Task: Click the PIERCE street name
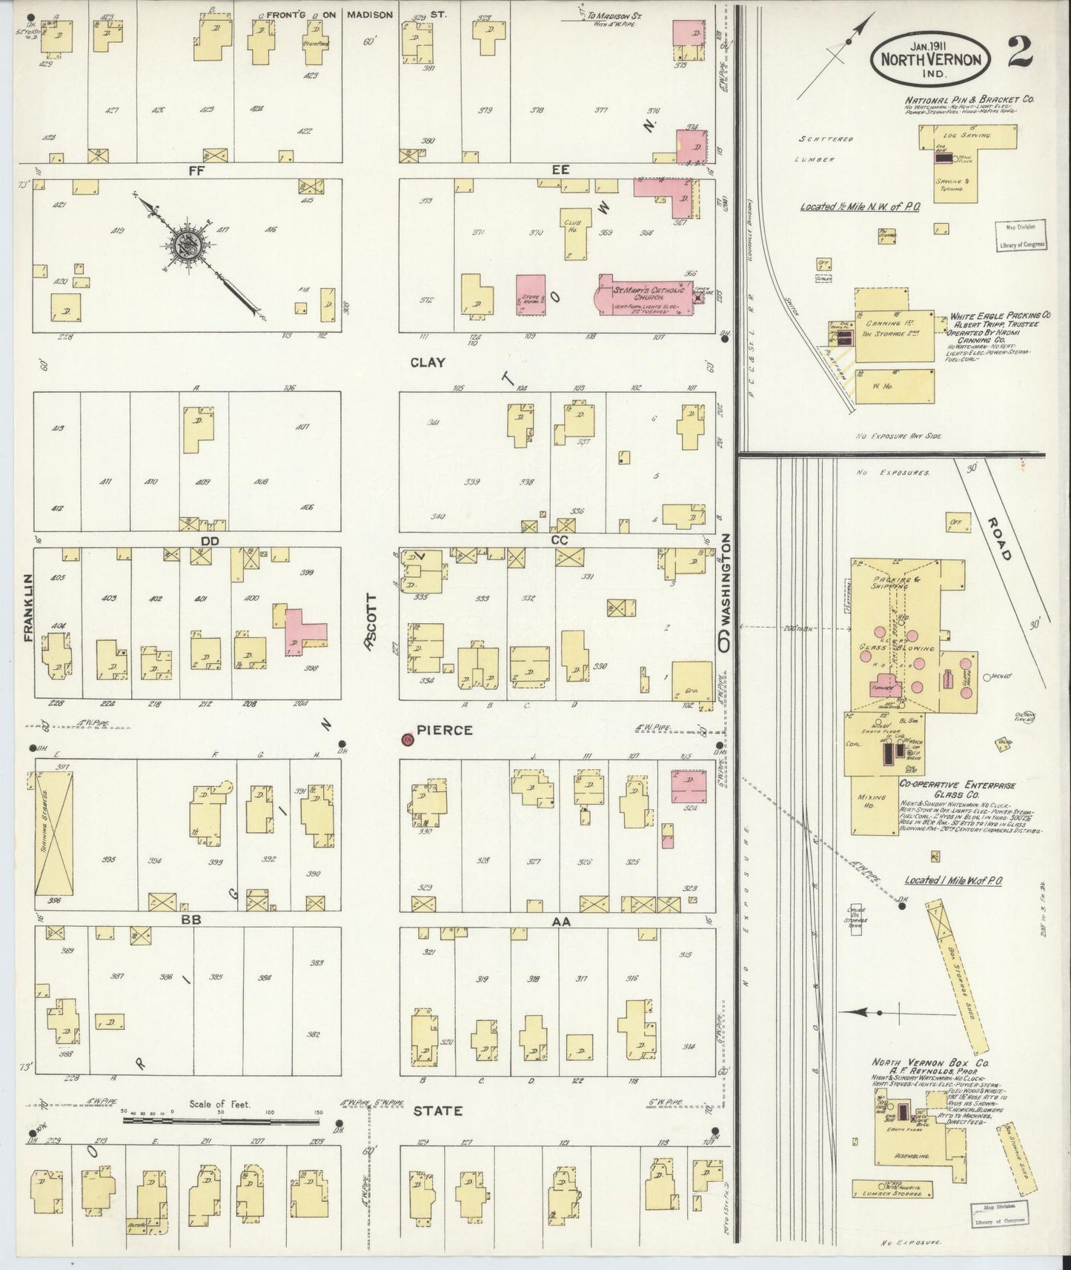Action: click(x=445, y=731)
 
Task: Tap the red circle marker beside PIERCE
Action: click(x=406, y=739)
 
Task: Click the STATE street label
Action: click(x=437, y=1111)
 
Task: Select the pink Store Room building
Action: click(x=530, y=295)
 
